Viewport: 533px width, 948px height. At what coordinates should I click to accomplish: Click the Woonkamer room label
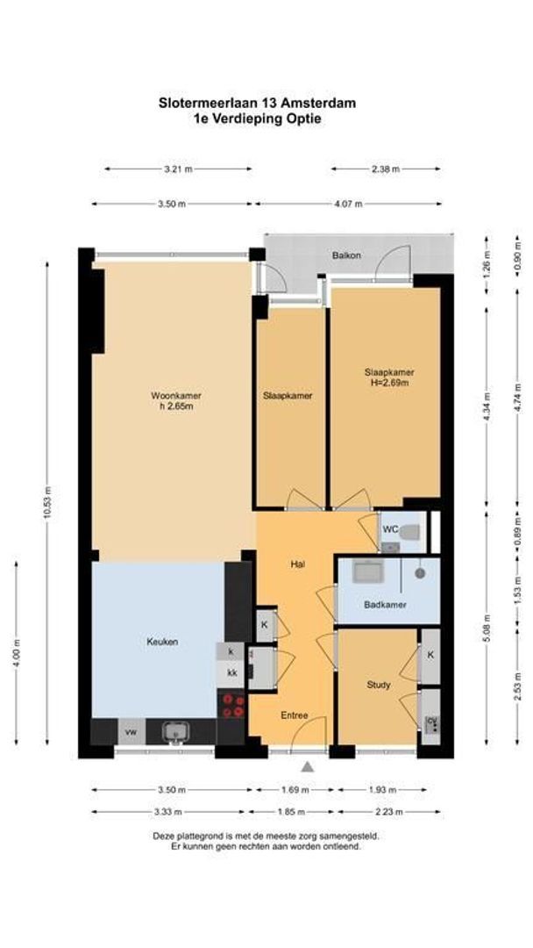pos(176,396)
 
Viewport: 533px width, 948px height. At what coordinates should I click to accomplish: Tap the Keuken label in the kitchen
pos(162,642)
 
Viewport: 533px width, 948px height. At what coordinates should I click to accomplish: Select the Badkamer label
pos(385,605)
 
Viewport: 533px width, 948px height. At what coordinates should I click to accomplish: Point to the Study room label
pos(379,685)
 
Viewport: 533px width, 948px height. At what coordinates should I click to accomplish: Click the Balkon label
pos(347,255)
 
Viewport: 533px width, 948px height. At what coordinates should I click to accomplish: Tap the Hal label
pos(297,564)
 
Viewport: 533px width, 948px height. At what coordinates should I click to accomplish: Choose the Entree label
pos(295,716)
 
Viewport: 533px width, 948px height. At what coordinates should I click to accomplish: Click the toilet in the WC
pos(409,532)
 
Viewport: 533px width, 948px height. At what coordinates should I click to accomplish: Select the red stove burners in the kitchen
pos(232,706)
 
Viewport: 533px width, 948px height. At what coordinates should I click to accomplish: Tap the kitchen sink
pos(175,732)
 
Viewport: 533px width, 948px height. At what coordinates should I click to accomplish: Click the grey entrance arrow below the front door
pos(308,766)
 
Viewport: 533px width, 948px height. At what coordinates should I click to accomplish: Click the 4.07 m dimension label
pos(349,205)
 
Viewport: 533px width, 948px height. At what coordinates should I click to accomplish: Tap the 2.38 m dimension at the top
pos(386,169)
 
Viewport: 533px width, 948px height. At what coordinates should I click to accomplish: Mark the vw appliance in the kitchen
pos(130,732)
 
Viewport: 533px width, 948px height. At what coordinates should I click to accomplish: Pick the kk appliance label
pos(231,672)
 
